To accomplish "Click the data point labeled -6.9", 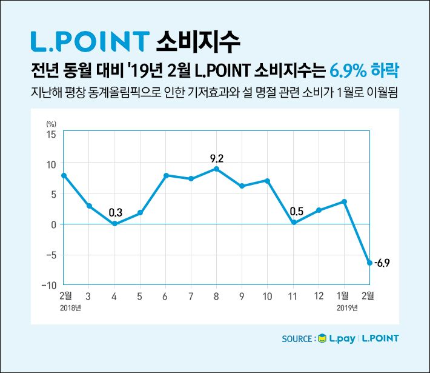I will (369, 263).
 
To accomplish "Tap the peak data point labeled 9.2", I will (216, 169).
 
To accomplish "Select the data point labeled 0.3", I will (114, 223).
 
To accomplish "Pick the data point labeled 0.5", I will (293, 223).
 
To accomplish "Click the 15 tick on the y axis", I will (51, 134).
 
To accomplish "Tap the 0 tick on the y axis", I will (53, 224).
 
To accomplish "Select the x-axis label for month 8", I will (216, 297).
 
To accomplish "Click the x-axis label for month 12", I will (319, 297).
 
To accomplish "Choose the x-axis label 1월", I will (343, 296).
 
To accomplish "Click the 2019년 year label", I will (348, 308).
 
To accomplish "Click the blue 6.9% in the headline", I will (349, 70).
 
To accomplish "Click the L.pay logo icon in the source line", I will (322, 338).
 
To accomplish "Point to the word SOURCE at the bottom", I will (297, 338).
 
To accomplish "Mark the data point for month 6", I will (165, 175).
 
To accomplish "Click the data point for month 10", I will (267, 181).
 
